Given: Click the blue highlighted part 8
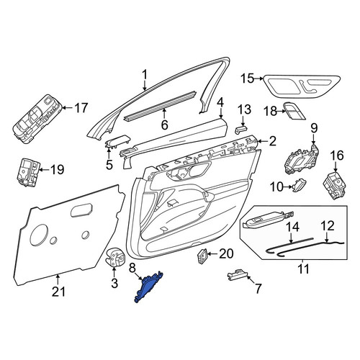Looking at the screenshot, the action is pyautogui.click(x=148, y=288).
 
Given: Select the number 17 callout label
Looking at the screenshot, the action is pyautogui.click(x=81, y=108).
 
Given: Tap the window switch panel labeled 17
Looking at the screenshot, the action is pyautogui.click(x=38, y=120).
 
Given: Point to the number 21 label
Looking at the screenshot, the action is pyautogui.click(x=59, y=292).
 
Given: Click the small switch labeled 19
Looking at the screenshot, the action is pyautogui.click(x=28, y=172).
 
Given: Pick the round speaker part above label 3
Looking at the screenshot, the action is pyautogui.click(x=115, y=256).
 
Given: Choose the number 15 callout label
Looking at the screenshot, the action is pyautogui.click(x=247, y=78).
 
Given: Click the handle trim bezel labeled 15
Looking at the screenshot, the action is pyautogui.click(x=302, y=88).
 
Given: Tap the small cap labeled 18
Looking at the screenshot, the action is pyautogui.click(x=294, y=111).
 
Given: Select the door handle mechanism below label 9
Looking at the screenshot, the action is pyautogui.click(x=302, y=160).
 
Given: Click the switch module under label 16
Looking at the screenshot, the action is pyautogui.click(x=335, y=185).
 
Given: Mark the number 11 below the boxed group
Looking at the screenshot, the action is pyautogui.click(x=304, y=269).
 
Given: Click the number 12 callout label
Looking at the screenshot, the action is pyautogui.click(x=327, y=226).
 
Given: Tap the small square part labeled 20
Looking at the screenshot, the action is pyautogui.click(x=202, y=256).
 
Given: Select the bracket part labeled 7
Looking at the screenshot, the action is pyautogui.click(x=237, y=274).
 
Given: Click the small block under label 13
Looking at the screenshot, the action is pyautogui.click(x=240, y=130).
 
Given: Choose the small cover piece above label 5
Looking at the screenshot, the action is pyautogui.click(x=118, y=141).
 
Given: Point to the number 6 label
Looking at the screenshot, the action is pyautogui.click(x=164, y=125).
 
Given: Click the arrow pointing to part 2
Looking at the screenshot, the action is pyautogui.click(x=263, y=141).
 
